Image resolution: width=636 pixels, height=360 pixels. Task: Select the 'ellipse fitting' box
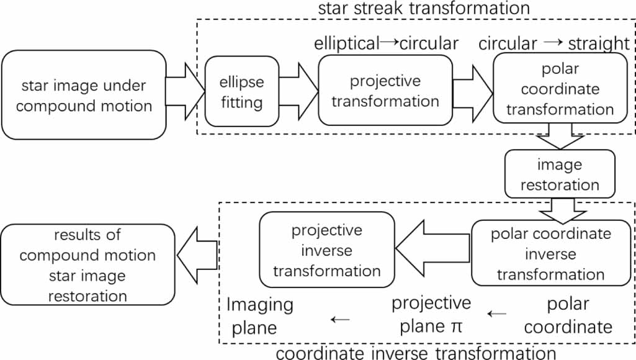coord(241,92)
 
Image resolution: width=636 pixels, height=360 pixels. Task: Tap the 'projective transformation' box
coord(385,91)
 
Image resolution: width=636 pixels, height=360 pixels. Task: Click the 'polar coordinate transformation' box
coord(559,88)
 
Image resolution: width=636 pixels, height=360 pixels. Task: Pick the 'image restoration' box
coord(560,174)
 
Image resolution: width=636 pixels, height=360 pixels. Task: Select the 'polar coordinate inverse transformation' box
coord(550,253)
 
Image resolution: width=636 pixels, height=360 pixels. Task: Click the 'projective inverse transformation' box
coord(326,250)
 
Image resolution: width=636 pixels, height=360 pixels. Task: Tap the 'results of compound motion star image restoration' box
coord(87,265)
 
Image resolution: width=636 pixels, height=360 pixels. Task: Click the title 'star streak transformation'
coord(424,9)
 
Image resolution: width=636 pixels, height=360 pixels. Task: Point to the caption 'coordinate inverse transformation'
coord(416,353)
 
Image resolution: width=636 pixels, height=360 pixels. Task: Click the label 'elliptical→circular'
coord(386,43)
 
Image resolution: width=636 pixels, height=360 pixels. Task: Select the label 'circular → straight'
coord(554,43)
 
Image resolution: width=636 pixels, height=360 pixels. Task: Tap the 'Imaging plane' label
coord(259,315)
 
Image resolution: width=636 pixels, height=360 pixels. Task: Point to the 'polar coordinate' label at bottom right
coord(568,315)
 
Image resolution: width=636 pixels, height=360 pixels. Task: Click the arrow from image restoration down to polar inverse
coord(560,209)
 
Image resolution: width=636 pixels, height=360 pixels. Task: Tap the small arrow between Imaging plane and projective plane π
coord(340,319)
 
